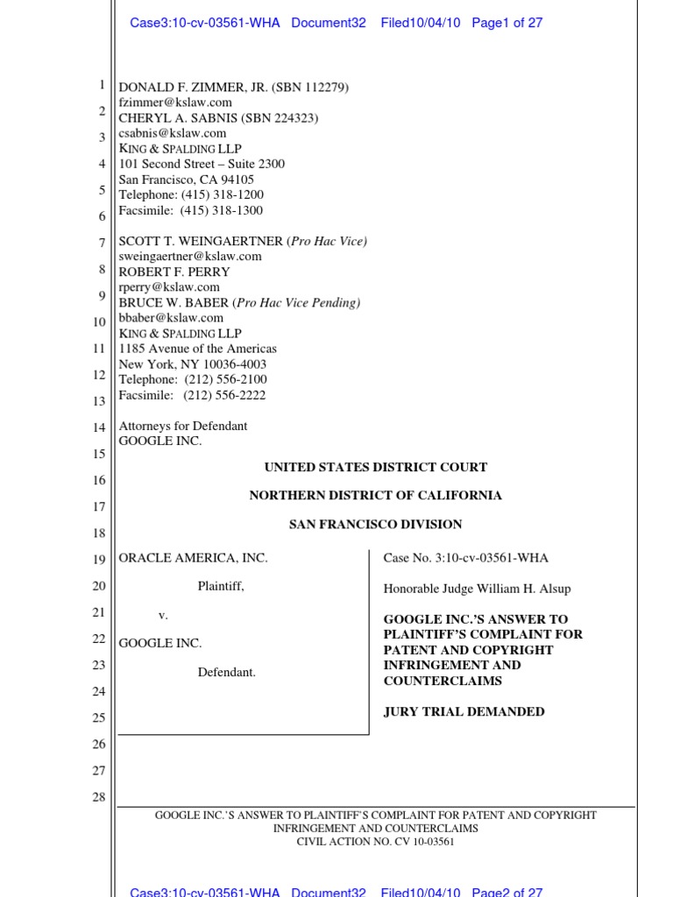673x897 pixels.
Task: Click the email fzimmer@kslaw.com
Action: [175, 102]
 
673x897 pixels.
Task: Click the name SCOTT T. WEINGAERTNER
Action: [201, 241]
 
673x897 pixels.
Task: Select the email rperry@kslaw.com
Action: [169, 287]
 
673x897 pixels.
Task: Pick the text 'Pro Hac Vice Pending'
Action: [298, 303]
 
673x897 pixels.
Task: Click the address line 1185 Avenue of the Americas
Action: [198, 349]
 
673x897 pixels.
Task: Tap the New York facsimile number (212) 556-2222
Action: [225, 395]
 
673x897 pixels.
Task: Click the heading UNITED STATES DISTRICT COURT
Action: [376, 467]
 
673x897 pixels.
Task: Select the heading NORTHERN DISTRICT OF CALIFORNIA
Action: [376, 496]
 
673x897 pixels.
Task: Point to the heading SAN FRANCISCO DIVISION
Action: [376, 525]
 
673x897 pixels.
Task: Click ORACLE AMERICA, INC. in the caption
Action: [193, 558]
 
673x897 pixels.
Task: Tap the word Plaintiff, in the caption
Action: [221, 587]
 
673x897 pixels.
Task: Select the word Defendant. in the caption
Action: [227, 673]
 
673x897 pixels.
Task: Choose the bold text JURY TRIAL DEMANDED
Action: [464, 711]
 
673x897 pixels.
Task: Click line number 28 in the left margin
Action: [99, 797]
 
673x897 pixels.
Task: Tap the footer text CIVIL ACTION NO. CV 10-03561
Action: [375, 842]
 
